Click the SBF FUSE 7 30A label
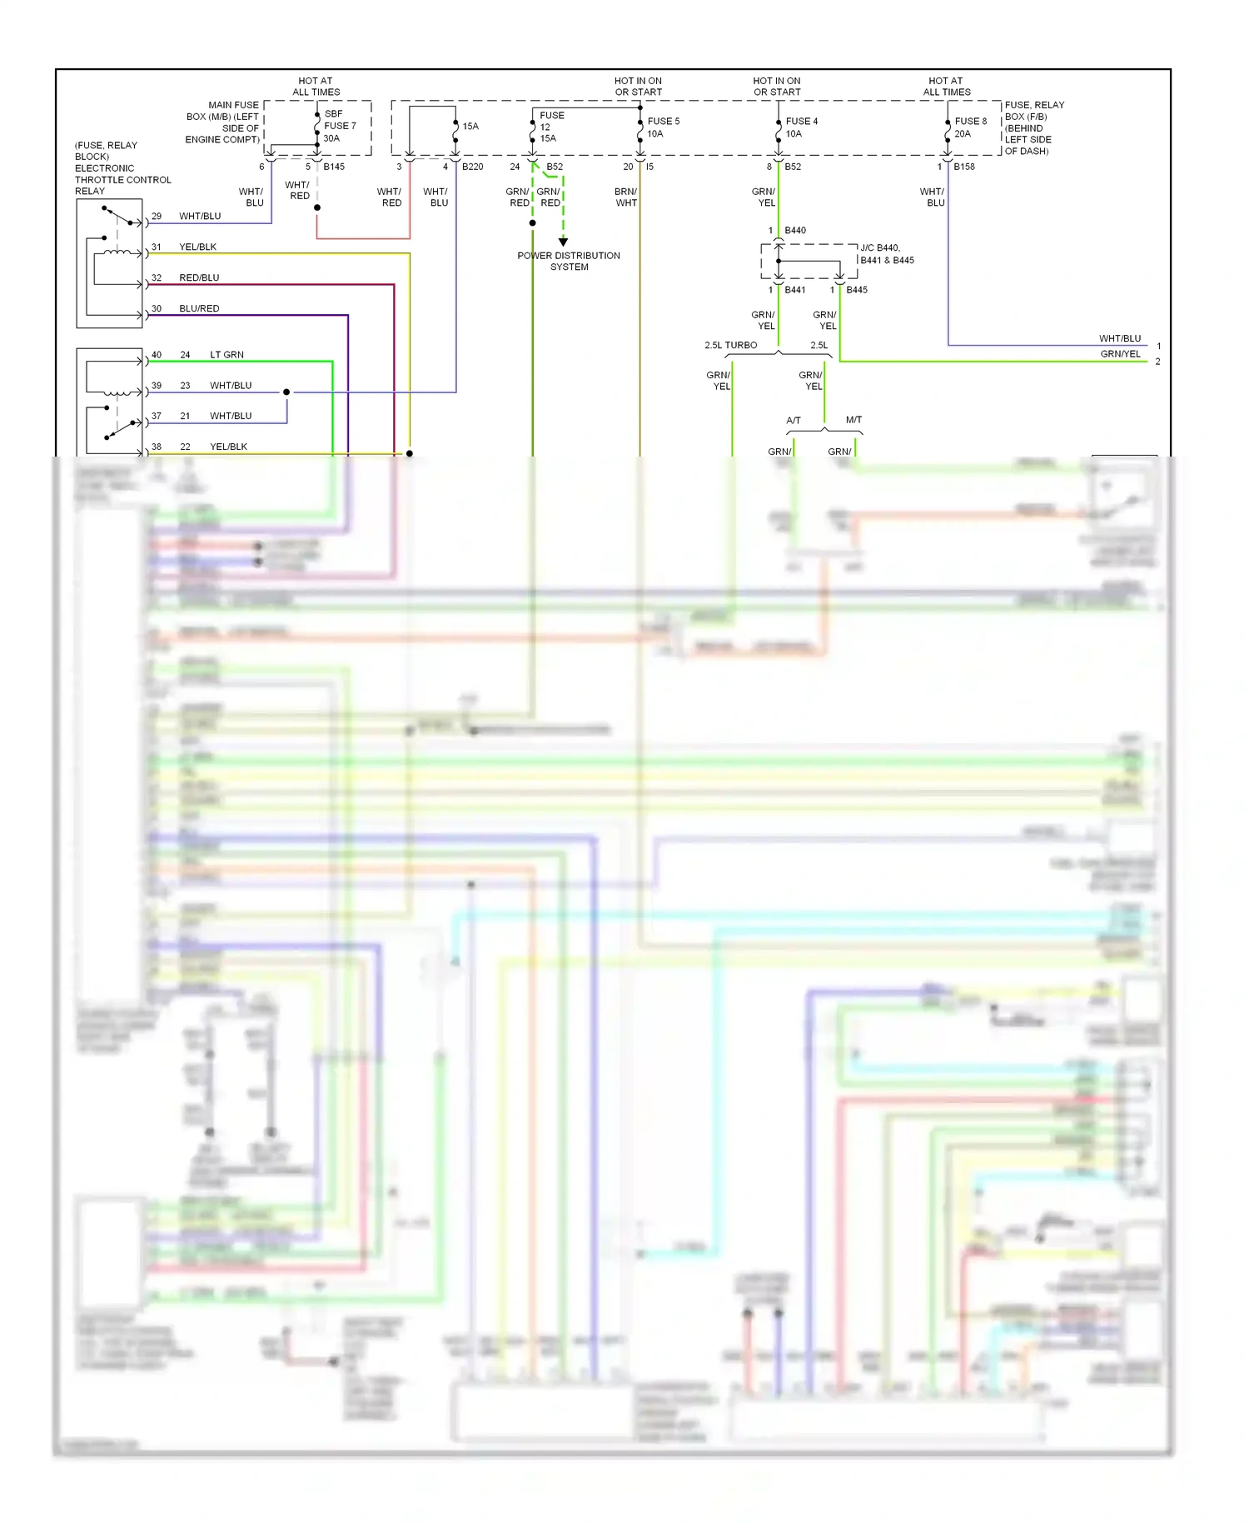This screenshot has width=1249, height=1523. pos(340,126)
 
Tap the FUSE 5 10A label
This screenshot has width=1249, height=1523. pos(663,127)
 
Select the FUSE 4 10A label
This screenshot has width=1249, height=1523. pos(801,127)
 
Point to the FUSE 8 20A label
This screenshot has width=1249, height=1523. pos(970,127)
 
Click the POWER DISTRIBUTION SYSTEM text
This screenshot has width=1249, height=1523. pos(569,261)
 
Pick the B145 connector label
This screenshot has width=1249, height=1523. pos(334,167)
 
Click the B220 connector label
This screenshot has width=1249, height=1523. pos(472,167)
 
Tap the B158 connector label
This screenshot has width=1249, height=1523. pos(964,167)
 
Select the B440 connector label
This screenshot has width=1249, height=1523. pos(795,230)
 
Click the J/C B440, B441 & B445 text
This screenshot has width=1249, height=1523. pos(887,254)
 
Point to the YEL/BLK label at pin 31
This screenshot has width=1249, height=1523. pos(197,247)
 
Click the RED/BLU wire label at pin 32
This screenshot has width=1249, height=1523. pos(199,277)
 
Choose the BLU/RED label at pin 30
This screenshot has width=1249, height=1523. pos(199,308)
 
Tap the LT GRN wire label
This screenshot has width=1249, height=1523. pos(226,355)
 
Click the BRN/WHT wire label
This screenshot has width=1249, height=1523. pos(626,197)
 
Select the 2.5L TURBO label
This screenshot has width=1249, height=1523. pos(730,345)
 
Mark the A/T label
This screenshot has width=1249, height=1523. pos(794,421)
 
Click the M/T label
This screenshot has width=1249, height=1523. pos(853,420)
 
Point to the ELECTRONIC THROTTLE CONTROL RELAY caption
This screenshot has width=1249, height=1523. pos(122,179)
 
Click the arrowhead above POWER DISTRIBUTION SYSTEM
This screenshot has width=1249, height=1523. pos(564,242)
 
